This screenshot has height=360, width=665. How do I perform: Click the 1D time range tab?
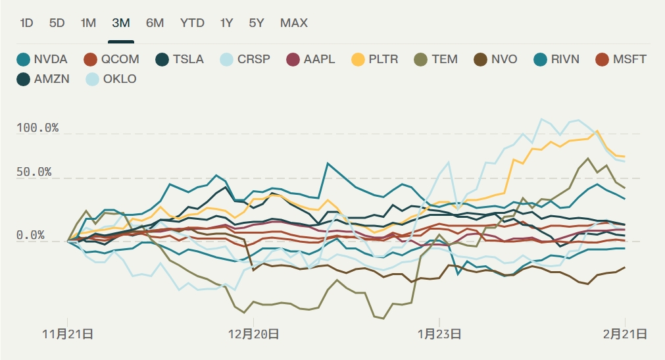pos(26,23)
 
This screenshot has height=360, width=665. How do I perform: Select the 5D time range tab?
pos(57,23)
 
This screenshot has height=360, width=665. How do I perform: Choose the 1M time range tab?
pos(88,23)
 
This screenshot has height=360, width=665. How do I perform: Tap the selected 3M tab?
pos(121,23)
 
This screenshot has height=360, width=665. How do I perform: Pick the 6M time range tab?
pos(155,23)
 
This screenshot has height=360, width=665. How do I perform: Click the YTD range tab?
pos(192,23)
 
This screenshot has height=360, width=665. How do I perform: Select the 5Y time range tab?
pos(257,23)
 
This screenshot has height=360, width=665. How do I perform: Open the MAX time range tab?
pos(293,23)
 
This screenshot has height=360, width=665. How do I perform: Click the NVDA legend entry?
pos(43,59)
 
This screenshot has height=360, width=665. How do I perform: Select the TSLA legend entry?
pos(180,59)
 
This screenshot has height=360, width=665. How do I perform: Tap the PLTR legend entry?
pos(376,59)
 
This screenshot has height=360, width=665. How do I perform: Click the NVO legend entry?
pos(496,59)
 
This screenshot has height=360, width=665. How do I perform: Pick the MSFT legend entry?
pos(622,59)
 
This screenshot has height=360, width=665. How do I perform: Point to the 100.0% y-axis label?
pos(37,128)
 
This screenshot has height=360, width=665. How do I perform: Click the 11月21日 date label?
pos(68,334)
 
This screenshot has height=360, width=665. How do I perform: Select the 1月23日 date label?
pos(439,334)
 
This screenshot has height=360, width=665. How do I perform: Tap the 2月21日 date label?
pos(625,334)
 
